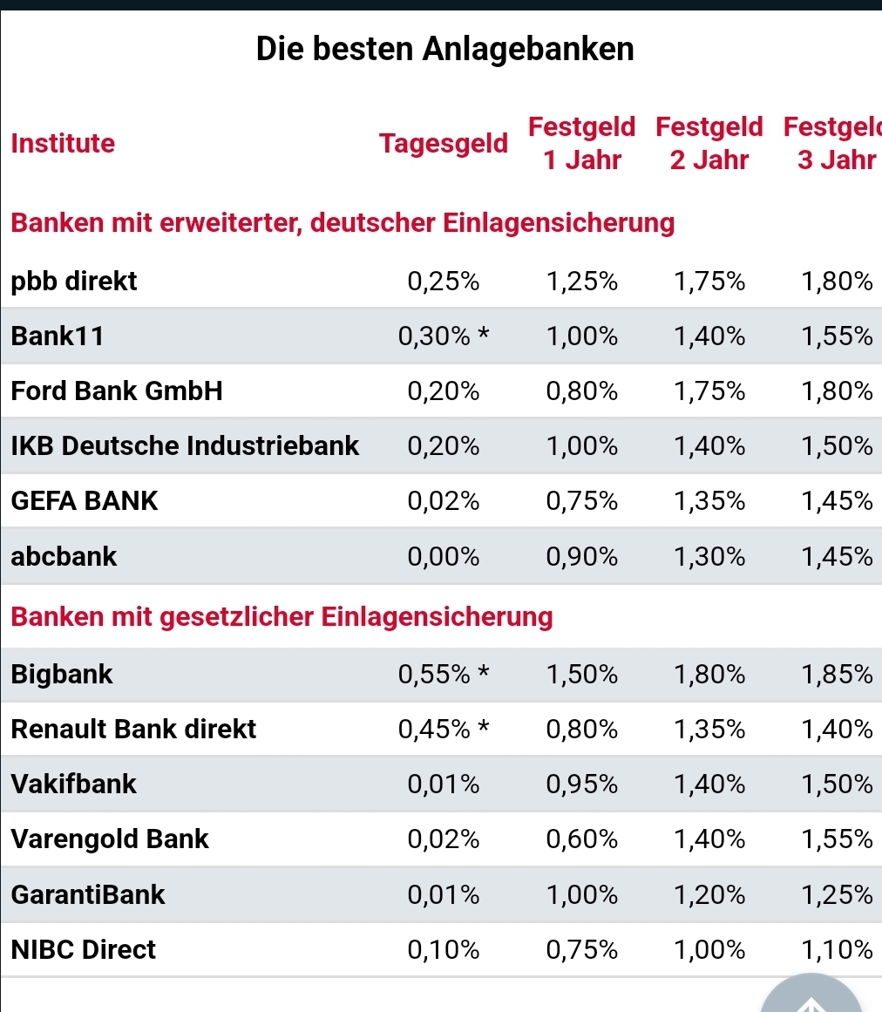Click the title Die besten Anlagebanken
coord(444,49)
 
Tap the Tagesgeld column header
coord(443,144)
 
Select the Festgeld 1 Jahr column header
coord(581,144)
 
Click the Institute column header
coord(63,144)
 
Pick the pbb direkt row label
coord(74,282)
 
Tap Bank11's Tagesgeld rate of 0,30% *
coord(444,336)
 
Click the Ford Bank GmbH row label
coord(117,391)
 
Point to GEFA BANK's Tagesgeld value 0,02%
coord(443,501)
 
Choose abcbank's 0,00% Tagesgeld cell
coord(443,556)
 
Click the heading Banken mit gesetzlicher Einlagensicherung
coord(282,617)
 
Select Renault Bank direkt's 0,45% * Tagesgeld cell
coord(444,730)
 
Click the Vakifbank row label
coord(74,784)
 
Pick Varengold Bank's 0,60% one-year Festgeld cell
coord(581,839)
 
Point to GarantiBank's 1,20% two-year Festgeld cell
coord(709,894)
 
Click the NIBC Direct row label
coord(84,949)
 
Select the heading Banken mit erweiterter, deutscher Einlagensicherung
coord(343,224)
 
